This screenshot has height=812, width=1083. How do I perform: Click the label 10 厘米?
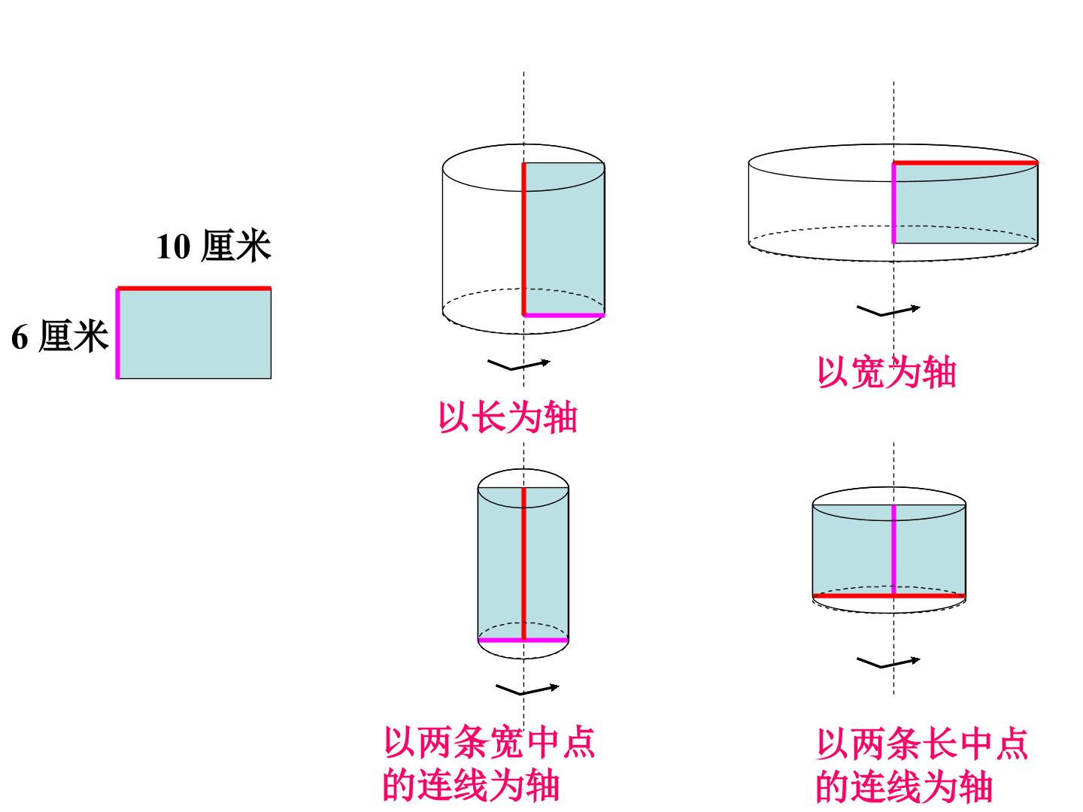coord(213,246)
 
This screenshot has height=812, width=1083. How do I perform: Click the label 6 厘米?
coord(59,336)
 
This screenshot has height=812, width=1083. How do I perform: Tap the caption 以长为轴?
coord(508,417)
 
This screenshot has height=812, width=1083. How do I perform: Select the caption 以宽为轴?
coord(887,372)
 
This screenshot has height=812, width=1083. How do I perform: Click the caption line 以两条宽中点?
coord(489,742)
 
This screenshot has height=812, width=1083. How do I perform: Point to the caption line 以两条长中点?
coord(921,744)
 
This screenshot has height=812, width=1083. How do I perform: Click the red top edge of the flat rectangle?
coord(194,289)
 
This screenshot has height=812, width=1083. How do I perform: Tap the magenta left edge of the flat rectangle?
coord(118,333)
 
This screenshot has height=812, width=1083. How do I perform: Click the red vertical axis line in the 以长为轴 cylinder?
coord(524,239)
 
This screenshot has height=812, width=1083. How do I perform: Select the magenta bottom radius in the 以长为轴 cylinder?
coord(564,315)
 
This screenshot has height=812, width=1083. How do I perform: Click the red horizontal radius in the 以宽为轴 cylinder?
coord(966,162)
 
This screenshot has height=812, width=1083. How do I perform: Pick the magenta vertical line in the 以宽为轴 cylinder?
coord(894,203)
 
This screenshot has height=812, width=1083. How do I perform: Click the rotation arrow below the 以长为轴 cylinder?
coord(518,365)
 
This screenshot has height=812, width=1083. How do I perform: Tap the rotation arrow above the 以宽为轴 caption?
coord(888,311)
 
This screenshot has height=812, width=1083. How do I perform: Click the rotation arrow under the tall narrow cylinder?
coord(527,689)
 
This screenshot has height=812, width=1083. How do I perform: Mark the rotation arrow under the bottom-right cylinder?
coord(888,662)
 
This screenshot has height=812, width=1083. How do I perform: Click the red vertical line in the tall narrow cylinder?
coord(524,564)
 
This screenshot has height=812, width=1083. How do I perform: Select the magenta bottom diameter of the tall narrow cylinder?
coord(523,640)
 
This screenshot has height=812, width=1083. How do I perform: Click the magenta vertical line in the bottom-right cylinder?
coord(894,550)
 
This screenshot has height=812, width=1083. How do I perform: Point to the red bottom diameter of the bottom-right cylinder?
coord(889,595)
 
